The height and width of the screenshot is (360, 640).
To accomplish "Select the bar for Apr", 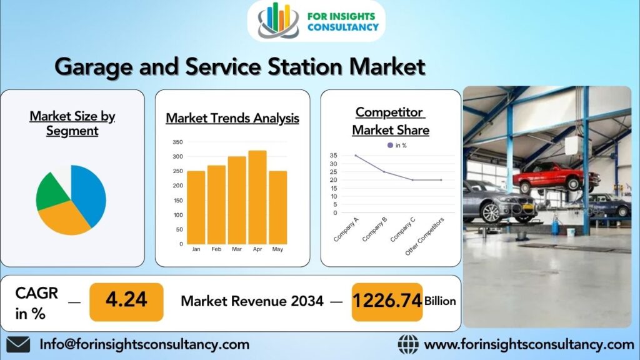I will point(257,197).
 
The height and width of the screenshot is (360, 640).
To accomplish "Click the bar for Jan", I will point(196,207).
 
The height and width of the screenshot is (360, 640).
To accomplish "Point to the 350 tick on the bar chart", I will point(177,142).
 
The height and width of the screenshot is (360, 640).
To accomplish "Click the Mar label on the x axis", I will point(237,249).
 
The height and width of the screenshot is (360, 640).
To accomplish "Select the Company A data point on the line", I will point(355,156).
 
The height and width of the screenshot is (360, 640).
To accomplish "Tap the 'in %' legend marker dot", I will point(391,145).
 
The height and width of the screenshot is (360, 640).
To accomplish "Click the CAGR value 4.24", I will point(126,301).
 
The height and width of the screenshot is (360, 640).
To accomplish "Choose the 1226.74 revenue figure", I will point(386,301).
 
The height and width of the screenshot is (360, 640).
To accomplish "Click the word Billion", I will point(440,301).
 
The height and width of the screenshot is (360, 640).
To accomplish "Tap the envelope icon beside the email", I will point(18,344).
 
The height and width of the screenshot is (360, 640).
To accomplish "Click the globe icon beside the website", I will point(408,344).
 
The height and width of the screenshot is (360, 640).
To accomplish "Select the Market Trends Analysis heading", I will point(232,118).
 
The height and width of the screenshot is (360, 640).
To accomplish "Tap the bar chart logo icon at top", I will point(279,20).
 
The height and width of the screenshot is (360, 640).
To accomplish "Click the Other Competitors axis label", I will point(426,236).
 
